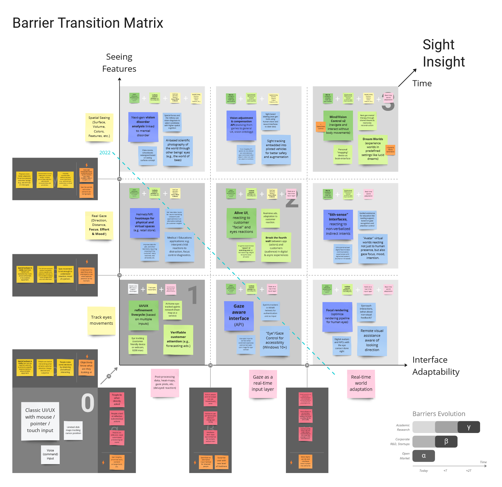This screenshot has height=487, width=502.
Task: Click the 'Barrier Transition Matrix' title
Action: [88, 23]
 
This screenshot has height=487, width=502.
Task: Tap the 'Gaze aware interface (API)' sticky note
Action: [239, 315]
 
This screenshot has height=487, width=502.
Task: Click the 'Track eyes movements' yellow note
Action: [101, 320]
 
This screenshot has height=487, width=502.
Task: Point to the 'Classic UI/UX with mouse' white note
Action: [40, 420]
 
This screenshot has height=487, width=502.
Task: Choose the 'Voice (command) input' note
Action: [50, 454]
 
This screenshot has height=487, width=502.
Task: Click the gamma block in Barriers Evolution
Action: [469, 427]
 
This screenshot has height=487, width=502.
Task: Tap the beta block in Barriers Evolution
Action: [446, 442]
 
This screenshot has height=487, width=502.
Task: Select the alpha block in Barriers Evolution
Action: [424, 456]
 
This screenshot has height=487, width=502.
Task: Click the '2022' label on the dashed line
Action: [105, 153]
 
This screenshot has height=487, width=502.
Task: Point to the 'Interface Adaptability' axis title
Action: [436, 366]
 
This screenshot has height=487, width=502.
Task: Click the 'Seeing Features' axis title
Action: [119, 63]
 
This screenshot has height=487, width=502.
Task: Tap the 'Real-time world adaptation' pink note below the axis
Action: [361, 383]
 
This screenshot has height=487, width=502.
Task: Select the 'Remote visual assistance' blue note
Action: [372, 340]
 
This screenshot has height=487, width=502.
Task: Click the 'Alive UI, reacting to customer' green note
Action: [241, 222]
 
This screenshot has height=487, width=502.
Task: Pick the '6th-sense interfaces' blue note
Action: [338, 224]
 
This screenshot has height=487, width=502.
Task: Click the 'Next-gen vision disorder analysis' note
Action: [143, 126]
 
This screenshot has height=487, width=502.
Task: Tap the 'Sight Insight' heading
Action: [444, 53]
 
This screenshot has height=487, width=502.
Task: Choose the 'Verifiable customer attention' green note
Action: [178, 339]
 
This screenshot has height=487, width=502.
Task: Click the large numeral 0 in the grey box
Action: [88, 403]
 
